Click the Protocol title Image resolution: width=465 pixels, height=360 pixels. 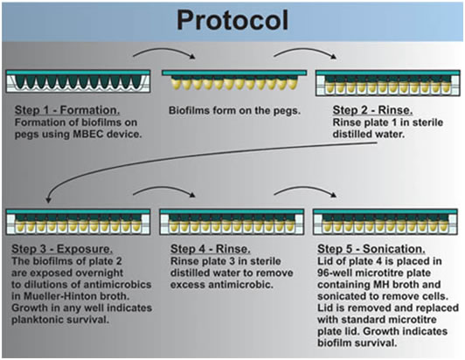pos(232,20)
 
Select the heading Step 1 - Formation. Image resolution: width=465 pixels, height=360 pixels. pos(67,110)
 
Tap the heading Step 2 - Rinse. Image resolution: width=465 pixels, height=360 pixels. pos(372,110)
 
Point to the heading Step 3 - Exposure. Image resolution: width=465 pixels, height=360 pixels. pos(62,249)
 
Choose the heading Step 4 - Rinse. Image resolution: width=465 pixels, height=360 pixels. pos(211,249)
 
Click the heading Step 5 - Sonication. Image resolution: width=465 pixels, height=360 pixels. pos(371,249)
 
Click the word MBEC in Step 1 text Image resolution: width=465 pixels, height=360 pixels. pos(88,134)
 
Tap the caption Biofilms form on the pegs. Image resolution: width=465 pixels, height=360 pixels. pos(234,111)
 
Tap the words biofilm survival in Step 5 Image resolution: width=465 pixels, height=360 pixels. pos(357,343)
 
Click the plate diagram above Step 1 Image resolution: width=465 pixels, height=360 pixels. pos(79,81)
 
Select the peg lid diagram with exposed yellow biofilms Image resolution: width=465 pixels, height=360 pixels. pos(234,80)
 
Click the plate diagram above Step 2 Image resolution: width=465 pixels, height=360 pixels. pos(388,83)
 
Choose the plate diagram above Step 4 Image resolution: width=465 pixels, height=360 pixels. pos(232,222)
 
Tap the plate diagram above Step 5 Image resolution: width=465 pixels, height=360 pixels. pos(385,222)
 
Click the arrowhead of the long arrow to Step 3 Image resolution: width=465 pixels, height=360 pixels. pos(48,200)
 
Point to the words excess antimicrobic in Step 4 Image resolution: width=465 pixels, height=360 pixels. pos(221,285)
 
